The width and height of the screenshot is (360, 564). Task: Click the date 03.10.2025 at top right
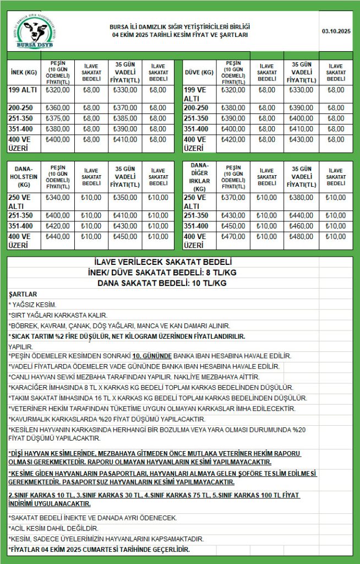pyautogui.click(x=336, y=31)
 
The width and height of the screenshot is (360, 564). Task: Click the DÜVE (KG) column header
pyautogui.click(x=199, y=72)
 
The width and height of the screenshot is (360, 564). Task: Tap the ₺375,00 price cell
pyautogui.click(x=58, y=118)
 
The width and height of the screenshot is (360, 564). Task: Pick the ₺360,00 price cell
pyautogui.click(x=58, y=109)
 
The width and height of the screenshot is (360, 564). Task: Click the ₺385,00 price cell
pyautogui.click(x=124, y=118)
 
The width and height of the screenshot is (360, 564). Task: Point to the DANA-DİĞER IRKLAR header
pyautogui.click(x=199, y=177)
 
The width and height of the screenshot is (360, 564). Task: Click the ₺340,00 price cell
pyautogui.click(x=58, y=198)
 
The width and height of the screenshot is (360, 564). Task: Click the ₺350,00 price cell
pyautogui.click(x=124, y=198)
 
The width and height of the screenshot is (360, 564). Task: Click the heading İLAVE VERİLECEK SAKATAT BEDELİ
pyautogui.click(x=163, y=263)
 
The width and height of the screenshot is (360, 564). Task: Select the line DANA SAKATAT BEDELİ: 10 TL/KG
pyautogui.click(x=163, y=283)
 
